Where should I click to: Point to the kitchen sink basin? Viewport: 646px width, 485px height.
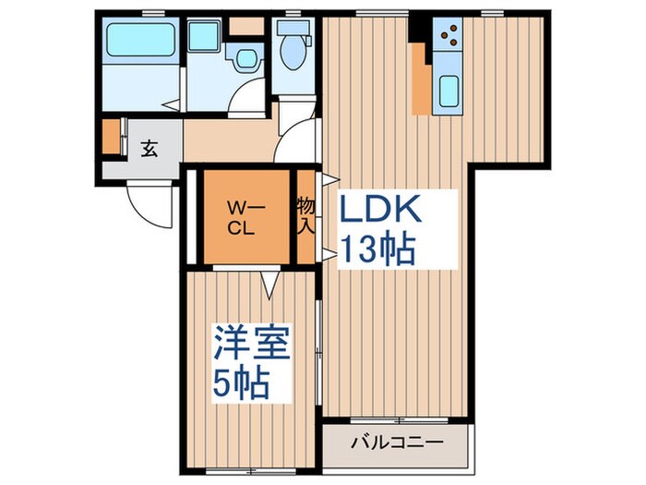pos(449,91)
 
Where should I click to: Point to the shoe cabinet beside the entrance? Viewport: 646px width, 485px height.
pos(111,137)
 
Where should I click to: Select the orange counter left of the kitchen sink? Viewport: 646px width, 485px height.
pos(422,85)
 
